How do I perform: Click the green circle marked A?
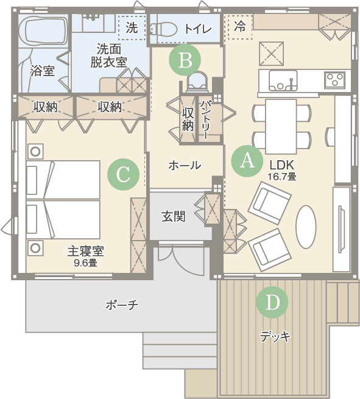[247, 161]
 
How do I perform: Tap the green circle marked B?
[185, 60]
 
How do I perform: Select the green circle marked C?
[124, 174]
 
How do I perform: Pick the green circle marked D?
[272, 302]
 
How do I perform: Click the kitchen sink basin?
[283, 80]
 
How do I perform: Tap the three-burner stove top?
[335, 80]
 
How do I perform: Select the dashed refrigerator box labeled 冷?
[239, 27]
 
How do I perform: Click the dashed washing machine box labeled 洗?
[132, 27]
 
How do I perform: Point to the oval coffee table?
[306, 227]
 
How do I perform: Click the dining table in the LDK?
[281, 127]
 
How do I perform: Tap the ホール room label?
[185, 166]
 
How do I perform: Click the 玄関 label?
[174, 216]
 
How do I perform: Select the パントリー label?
[205, 119]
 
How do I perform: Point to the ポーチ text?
[122, 305]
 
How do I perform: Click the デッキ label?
[275, 337]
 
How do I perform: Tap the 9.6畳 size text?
[85, 263]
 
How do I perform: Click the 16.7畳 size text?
[282, 176]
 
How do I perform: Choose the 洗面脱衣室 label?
[108, 55]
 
